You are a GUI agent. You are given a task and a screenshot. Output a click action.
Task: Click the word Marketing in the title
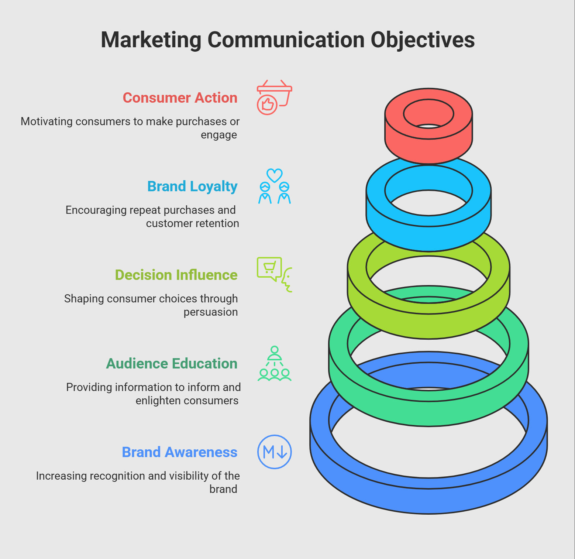click(151, 40)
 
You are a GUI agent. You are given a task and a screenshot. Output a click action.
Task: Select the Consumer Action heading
click(180, 98)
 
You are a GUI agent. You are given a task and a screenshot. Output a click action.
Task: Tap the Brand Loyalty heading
click(192, 186)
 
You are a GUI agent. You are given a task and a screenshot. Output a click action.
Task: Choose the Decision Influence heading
click(176, 275)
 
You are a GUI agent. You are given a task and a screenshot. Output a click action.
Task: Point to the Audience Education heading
click(172, 364)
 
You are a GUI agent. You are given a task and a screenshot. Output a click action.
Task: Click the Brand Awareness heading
click(179, 452)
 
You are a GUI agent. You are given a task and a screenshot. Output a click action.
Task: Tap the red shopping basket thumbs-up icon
click(274, 97)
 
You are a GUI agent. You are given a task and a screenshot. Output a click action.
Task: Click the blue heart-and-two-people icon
click(274, 186)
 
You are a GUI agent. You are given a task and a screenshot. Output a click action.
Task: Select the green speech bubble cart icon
click(274, 275)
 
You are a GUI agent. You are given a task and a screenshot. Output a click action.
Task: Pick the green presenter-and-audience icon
click(274, 363)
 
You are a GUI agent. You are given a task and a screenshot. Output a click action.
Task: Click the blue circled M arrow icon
click(274, 452)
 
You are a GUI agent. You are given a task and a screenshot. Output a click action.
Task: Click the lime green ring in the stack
click(428, 325)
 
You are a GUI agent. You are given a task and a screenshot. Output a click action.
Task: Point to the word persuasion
click(211, 312)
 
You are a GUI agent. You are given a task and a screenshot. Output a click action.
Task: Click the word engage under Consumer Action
click(219, 135)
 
